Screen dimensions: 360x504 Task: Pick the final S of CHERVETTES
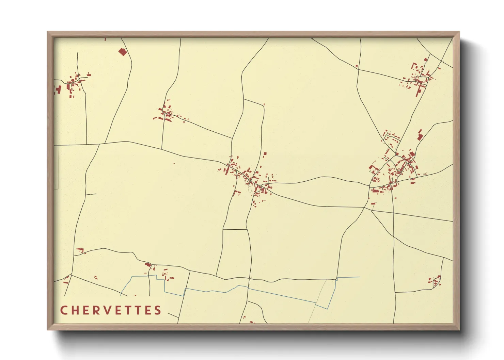pyautogui.click(x=157, y=310)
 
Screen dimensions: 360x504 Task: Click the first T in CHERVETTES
pyautogui.click(x=135, y=310)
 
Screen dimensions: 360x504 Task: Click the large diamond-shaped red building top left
pyautogui.click(x=122, y=52)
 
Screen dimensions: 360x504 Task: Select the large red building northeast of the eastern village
pyautogui.click(x=420, y=135)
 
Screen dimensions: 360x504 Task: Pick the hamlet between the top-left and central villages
pyautogui.click(x=167, y=112)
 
